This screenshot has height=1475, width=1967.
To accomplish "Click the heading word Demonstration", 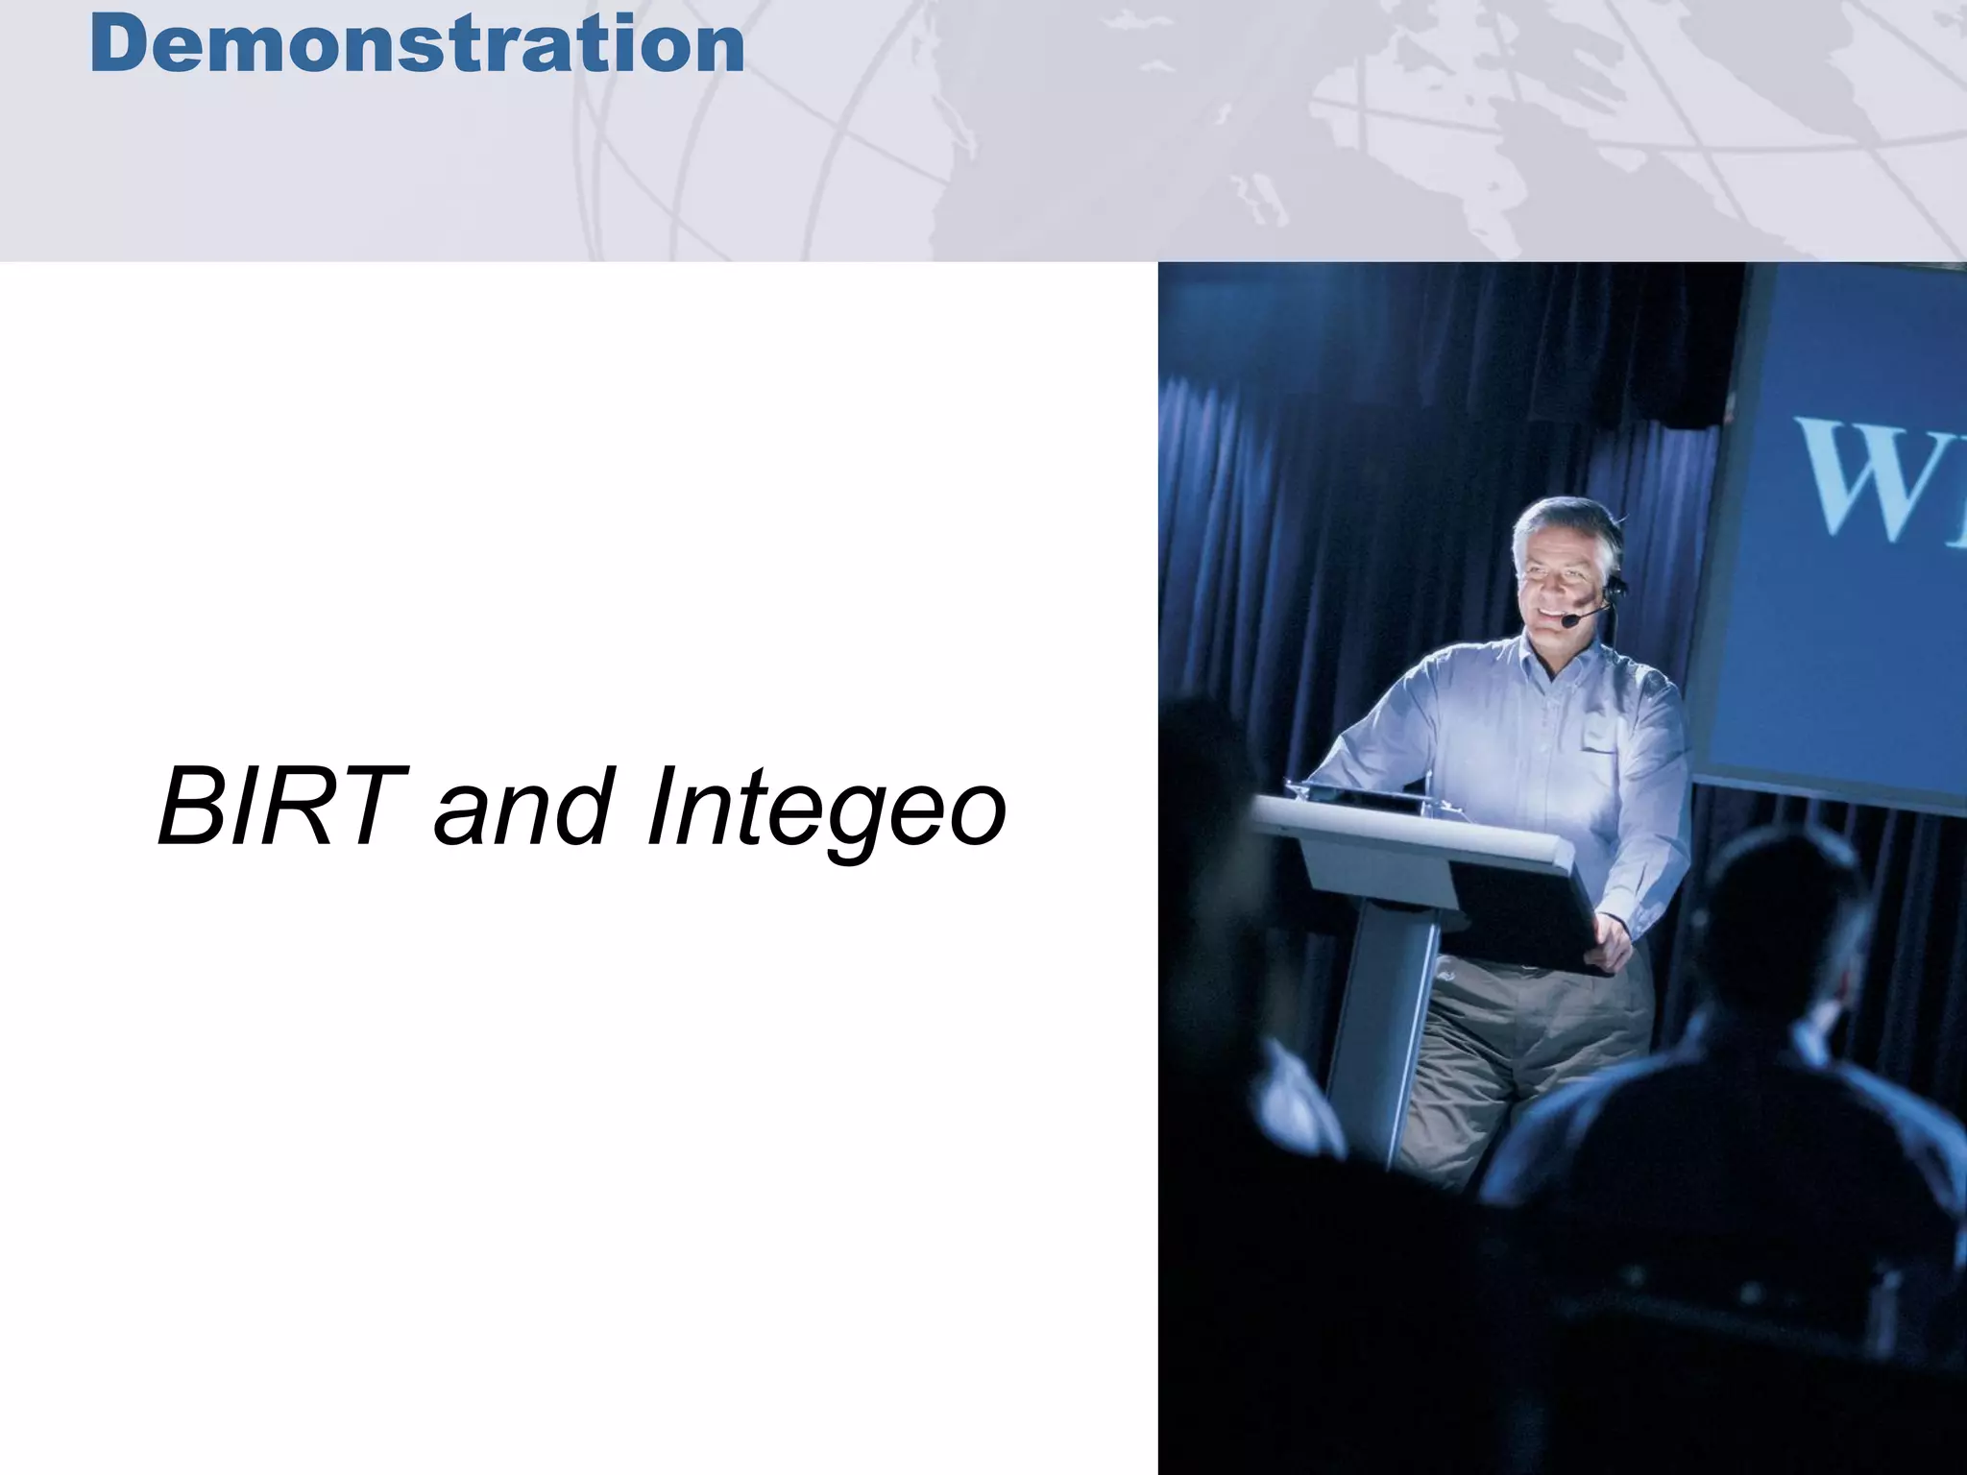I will click(418, 45).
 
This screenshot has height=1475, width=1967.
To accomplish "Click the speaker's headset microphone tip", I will click(1567, 622).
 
